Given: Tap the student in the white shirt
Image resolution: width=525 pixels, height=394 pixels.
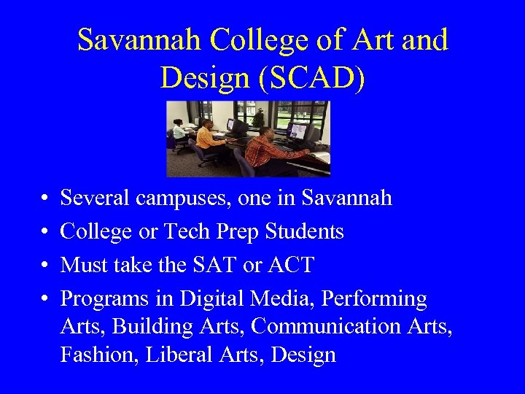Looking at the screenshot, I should (x=179, y=131).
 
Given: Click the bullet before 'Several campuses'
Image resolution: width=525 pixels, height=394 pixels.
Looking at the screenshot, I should (x=45, y=198).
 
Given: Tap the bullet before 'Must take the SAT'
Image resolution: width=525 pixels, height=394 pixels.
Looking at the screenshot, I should (x=45, y=266).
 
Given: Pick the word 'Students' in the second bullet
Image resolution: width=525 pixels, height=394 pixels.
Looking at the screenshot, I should (x=304, y=231).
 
